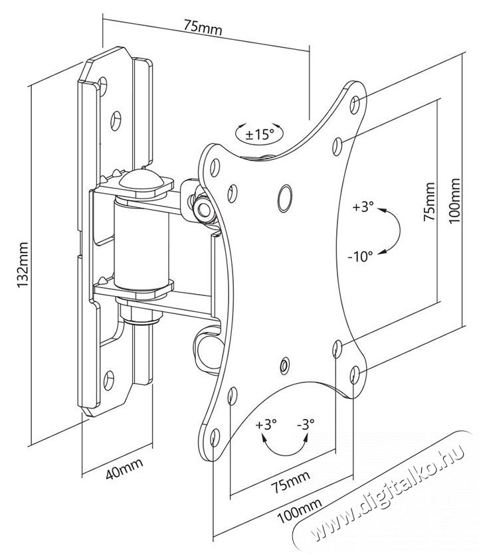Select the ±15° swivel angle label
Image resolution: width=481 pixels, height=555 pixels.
pyautogui.click(x=260, y=134)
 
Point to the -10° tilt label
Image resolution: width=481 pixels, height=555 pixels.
pyautogui.click(x=361, y=254)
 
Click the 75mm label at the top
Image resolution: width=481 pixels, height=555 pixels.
pyautogui.click(x=203, y=29)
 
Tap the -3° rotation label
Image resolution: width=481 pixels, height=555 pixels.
pyautogui.click(x=306, y=424)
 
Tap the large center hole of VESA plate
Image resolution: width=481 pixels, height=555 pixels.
pyautogui.click(x=285, y=193)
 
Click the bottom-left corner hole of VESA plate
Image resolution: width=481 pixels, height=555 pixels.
pyautogui.click(x=215, y=436)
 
